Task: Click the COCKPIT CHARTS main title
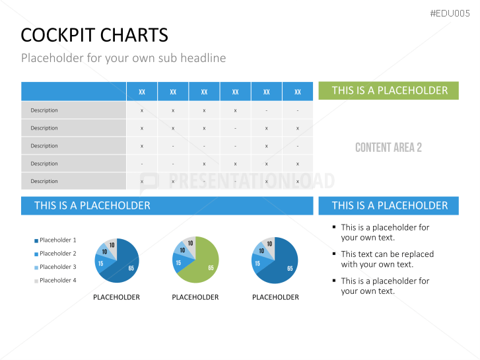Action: [94, 34]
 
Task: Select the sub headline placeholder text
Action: [123, 58]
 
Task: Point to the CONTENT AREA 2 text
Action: [388, 147]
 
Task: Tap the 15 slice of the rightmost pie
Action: [258, 263]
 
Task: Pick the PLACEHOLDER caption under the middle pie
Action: [195, 297]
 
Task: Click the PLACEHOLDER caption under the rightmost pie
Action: [275, 297]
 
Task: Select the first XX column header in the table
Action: [142, 92]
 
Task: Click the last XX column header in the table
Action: [298, 92]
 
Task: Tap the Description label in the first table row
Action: [44, 110]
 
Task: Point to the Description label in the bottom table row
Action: [44, 181]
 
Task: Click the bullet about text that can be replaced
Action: [387, 259]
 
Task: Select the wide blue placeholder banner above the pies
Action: [167, 205]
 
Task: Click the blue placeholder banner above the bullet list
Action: [390, 205]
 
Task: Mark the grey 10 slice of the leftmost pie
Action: [112, 244]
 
